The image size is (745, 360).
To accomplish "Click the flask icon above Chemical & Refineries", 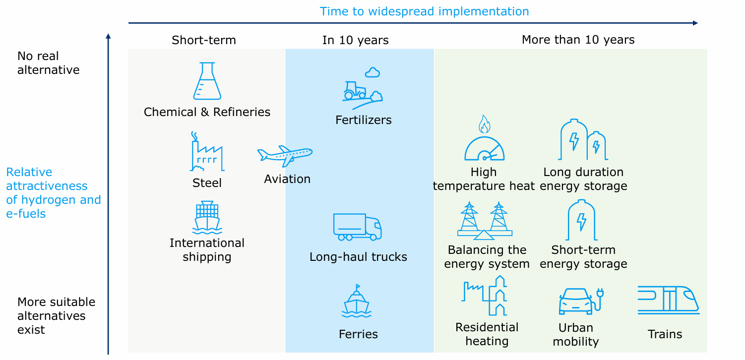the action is [207, 81].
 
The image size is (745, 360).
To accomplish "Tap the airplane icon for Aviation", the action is [285, 156].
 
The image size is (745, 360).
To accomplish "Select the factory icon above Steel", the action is [207, 151].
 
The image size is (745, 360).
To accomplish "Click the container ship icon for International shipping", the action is [207, 217].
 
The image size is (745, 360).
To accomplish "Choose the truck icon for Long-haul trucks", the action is [358, 227].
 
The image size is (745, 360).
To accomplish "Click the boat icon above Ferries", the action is [357, 301].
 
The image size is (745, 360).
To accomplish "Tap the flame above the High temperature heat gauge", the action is [484, 124].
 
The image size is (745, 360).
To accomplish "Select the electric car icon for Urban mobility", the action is [581, 301].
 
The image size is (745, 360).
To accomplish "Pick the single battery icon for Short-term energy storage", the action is [581, 220].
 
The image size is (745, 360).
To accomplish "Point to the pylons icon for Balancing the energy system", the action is [485, 221].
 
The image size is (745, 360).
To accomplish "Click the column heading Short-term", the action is [203, 40].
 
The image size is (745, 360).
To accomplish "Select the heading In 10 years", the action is [355, 40].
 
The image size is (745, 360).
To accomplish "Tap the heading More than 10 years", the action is [578, 40].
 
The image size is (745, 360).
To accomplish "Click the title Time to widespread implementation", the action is [425, 11].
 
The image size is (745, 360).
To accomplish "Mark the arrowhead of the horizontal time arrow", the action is [695, 23].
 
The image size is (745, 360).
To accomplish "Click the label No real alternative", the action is [49, 63].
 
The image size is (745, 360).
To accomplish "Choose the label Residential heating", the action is [487, 334].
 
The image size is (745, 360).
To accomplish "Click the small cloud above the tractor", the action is [372, 72].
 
